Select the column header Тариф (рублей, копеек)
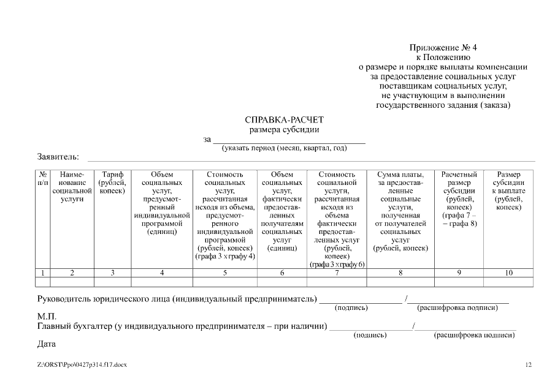click(x=112, y=183)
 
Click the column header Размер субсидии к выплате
click(x=508, y=190)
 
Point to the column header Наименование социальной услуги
click(x=72, y=187)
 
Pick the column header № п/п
click(x=43, y=179)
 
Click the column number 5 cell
click(x=224, y=273)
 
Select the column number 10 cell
click(x=508, y=273)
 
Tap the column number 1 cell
click(x=43, y=273)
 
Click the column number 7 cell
click(x=337, y=273)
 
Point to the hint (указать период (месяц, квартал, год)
click(x=284, y=148)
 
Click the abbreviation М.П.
click(x=47, y=316)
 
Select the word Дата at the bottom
click(x=47, y=344)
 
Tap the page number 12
click(x=528, y=365)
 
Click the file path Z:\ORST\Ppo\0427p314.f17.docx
click(x=82, y=365)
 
